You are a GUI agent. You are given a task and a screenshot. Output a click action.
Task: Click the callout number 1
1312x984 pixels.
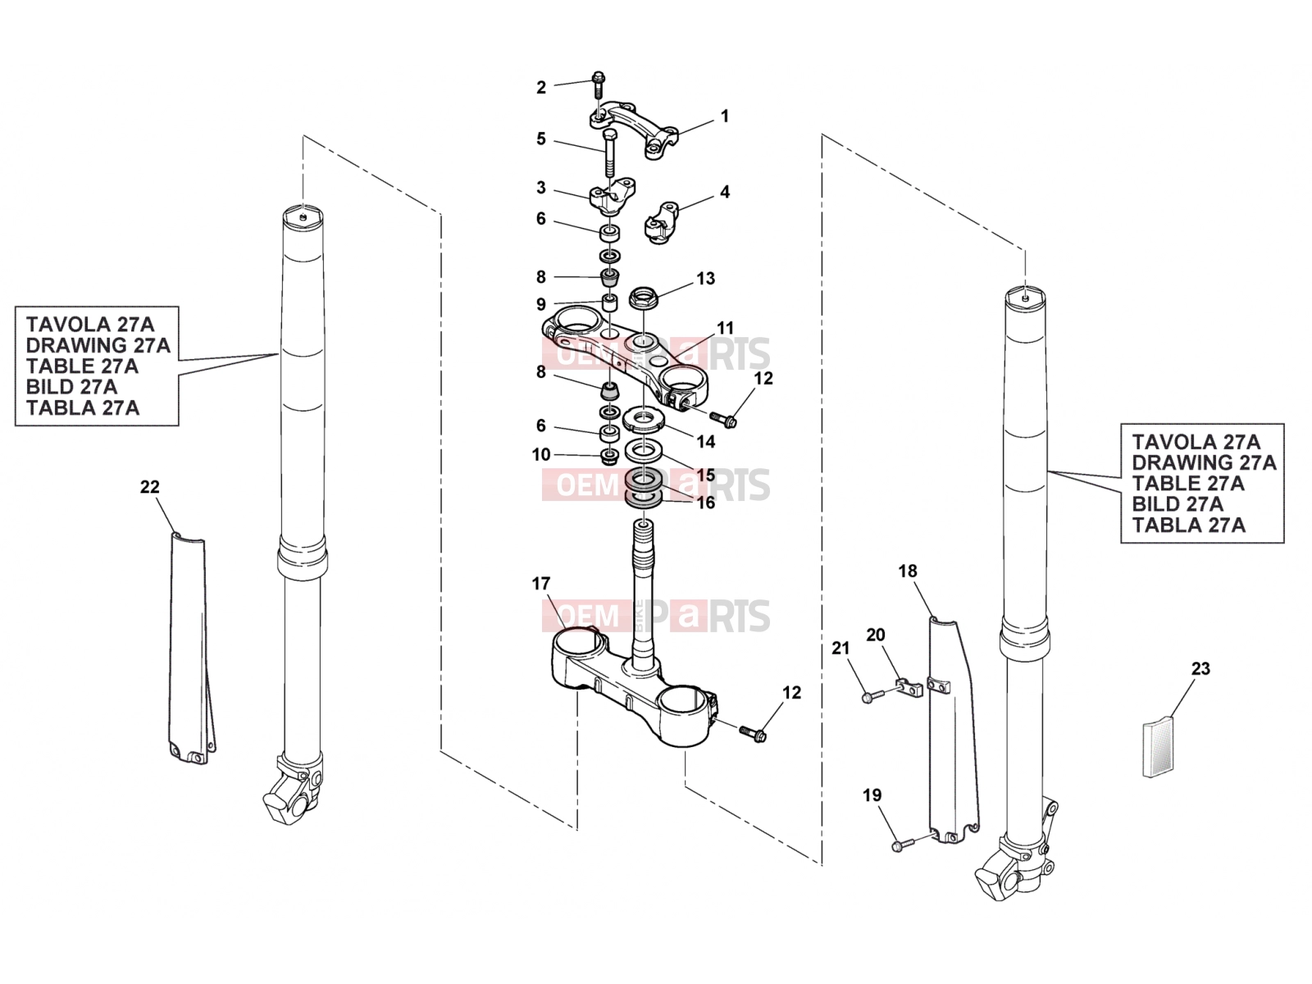tap(724, 116)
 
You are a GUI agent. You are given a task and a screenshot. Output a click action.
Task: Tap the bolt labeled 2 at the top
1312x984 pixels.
tap(599, 84)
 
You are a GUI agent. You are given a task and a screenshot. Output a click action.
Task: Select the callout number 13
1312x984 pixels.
tap(705, 279)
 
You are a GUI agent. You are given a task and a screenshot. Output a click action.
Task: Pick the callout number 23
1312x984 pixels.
tap(1200, 668)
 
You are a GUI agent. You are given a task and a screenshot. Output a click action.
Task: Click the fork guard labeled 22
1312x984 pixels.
tap(190, 649)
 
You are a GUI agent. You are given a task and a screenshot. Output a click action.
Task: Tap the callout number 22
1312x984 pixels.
tap(149, 487)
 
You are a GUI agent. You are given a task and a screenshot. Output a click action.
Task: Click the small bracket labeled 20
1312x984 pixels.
tap(909, 688)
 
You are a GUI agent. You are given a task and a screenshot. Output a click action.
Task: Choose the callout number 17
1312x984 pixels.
tap(541, 584)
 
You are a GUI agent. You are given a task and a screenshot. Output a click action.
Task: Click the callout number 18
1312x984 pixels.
tap(908, 572)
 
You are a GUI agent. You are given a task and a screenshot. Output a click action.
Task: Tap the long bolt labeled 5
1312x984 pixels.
tap(609, 153)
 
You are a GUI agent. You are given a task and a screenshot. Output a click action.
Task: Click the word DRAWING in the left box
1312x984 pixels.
tap(98, 345)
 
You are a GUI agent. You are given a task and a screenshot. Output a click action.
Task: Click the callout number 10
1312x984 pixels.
tap(541, 454)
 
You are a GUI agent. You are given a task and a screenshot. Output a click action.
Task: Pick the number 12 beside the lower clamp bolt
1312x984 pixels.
tap(791, 692)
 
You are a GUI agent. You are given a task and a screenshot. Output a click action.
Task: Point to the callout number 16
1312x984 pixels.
tap(706, 503)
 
